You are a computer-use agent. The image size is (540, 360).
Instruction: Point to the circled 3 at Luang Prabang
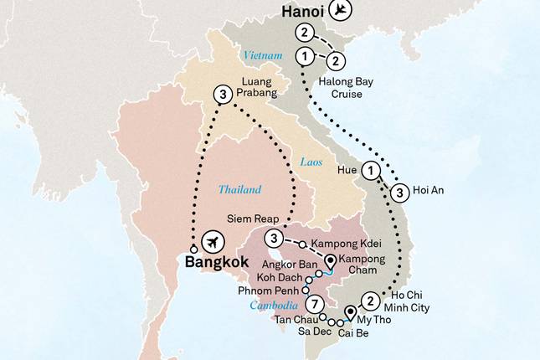pos(222,95)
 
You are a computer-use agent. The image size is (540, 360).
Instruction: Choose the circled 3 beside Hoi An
pos(400,191)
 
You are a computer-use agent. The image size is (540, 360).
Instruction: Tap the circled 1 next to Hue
pos(373,171)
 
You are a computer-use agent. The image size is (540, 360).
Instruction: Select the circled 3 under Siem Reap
pos(277,241)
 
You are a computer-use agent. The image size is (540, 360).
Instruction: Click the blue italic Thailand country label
pos(238,189)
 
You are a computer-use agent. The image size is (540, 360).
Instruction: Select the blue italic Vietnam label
pos(260,55)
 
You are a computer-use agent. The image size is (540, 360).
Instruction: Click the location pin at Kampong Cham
pos(330,260)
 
